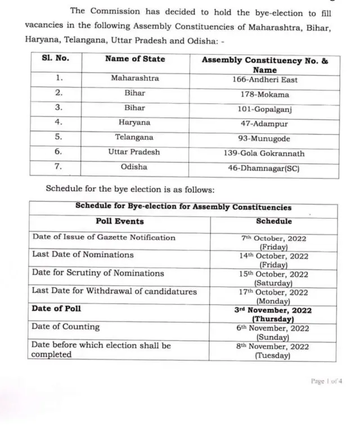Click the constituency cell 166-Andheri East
pyautogui.click(x=265, y=80)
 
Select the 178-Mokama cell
pyautogui.click(x=265, y=94)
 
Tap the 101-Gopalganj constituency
pyautogui.click(x=265, y=109)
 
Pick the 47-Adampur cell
pyautogui.click(x=265, y=123)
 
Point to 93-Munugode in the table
pyautogui.click(x=265, y=138)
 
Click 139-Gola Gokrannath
pyautogui.click(x=265, y=153)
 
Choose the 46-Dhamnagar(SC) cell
pyautogui.click(x=265, y=168)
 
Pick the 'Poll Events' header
pyautogui.click(x=119, y=221)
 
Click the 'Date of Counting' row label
pyautogui.click(x=65, y=326)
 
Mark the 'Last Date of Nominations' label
pyautogui.click(x=83, y=254)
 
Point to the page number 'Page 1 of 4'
pyautogui.click(x=326, y=381)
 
